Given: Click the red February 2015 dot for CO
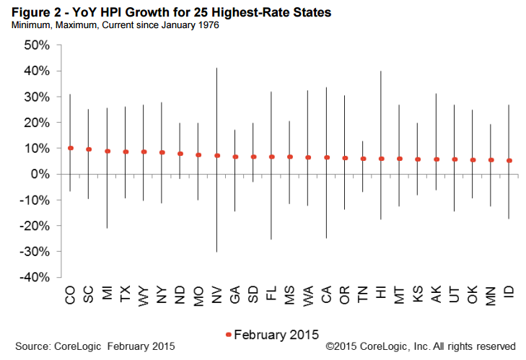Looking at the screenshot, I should click(x=71, y=148).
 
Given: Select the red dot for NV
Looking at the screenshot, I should click(x=217, y=155).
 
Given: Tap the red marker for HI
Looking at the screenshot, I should click(x=381, y=159).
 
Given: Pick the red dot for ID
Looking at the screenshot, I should click(x=509, y=160).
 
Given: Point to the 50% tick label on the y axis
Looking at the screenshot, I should click(x=36, y=45).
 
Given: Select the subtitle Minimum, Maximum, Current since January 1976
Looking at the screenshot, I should click(x=112, y=25).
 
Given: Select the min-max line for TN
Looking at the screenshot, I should click(x=363, y=177).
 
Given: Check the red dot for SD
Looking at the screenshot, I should click(x=253, y=157).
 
